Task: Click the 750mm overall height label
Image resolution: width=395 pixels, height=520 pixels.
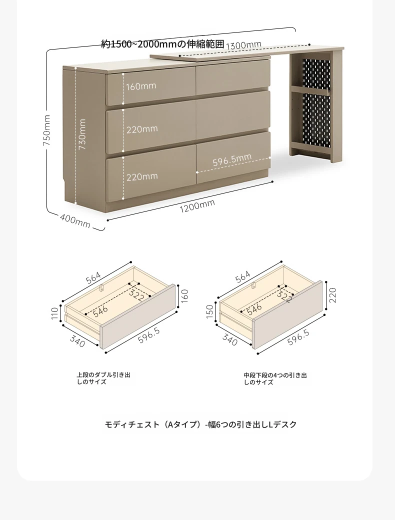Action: tap(47, 130)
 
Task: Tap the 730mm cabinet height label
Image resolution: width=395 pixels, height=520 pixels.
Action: tap(82, 134)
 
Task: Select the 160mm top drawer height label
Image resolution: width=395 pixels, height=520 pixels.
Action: tap(141, 86)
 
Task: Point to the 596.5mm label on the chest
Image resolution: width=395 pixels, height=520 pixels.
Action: tap(232, 159)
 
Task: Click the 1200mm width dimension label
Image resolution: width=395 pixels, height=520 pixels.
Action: tap(197, 205)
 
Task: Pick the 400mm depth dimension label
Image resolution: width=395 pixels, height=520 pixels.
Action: tap(75, 221)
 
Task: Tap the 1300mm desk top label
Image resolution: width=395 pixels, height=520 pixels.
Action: tap(244, 45)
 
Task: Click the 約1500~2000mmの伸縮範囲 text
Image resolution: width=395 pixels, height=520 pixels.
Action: tap(162, 44)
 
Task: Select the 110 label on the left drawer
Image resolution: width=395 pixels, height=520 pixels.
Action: tap(54, 313)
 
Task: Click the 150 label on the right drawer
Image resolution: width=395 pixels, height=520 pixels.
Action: tap(209, 311)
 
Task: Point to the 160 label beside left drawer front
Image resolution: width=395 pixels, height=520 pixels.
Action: tap(184, 295)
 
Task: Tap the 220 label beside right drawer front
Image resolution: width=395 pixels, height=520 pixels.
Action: tap(332, 295)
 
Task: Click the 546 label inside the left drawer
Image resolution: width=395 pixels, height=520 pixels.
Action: tap(100, 311)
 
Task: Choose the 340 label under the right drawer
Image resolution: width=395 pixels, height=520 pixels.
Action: tap(230, 340)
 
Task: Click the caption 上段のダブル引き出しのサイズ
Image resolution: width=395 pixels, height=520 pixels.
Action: tap(103, 378)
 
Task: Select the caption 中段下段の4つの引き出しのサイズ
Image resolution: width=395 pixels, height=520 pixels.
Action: tap(275, 378)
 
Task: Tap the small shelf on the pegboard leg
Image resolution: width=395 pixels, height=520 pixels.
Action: tap(310, 89)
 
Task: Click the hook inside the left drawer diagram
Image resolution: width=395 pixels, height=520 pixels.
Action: tap(102, 287)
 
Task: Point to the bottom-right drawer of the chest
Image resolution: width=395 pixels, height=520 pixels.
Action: tap(233, 157)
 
